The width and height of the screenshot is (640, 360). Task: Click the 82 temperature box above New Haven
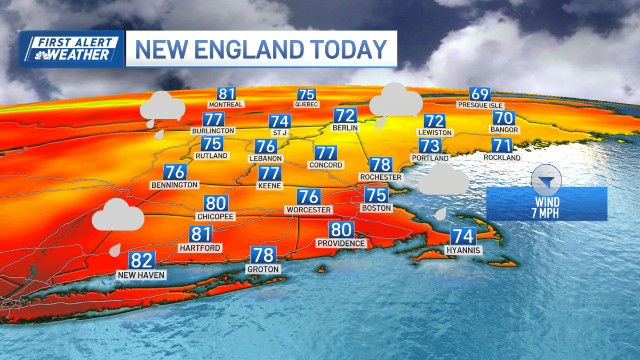click(142, 261)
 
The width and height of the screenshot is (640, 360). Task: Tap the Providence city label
click(341, 243)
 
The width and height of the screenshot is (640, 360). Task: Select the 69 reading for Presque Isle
click(480, 94)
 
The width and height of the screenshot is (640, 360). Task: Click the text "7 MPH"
click(547, 213)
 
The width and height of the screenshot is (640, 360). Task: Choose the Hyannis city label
click(463, 250)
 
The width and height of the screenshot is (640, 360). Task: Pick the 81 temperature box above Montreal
click(226, 93)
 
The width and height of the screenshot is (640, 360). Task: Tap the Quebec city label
click(306, 105)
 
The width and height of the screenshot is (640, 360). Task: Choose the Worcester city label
click(309, 210)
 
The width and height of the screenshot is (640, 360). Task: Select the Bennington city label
click(174, 185)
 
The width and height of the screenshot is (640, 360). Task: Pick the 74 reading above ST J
click(280, 122)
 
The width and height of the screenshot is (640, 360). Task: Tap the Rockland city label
click(502, 158)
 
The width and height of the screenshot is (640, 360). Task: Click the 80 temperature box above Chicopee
click(216, 204)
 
